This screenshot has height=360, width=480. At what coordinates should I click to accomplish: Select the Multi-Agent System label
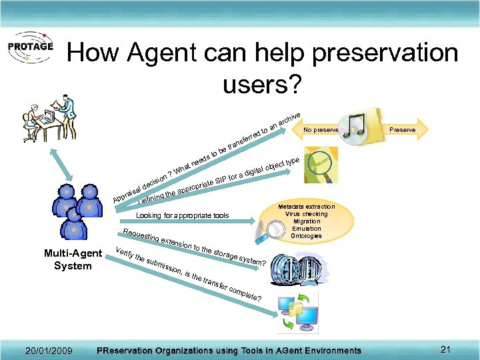click(x=73, y=259)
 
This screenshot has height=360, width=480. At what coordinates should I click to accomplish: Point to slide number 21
click(x=446, y=350)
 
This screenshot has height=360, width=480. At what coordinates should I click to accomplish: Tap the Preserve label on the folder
click(x=402, y=130)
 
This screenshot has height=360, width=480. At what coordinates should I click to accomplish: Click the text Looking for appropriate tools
click(x=182, y=216)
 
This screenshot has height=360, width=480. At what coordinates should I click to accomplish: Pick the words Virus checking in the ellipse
click(x=306, y=214)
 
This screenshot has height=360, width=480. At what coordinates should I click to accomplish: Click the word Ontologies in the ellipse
click(x=306, y=236)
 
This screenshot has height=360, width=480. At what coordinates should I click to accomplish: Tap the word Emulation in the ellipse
click(x=306, y=229)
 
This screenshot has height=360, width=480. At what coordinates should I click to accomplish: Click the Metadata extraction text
click(x=306, y=207)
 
